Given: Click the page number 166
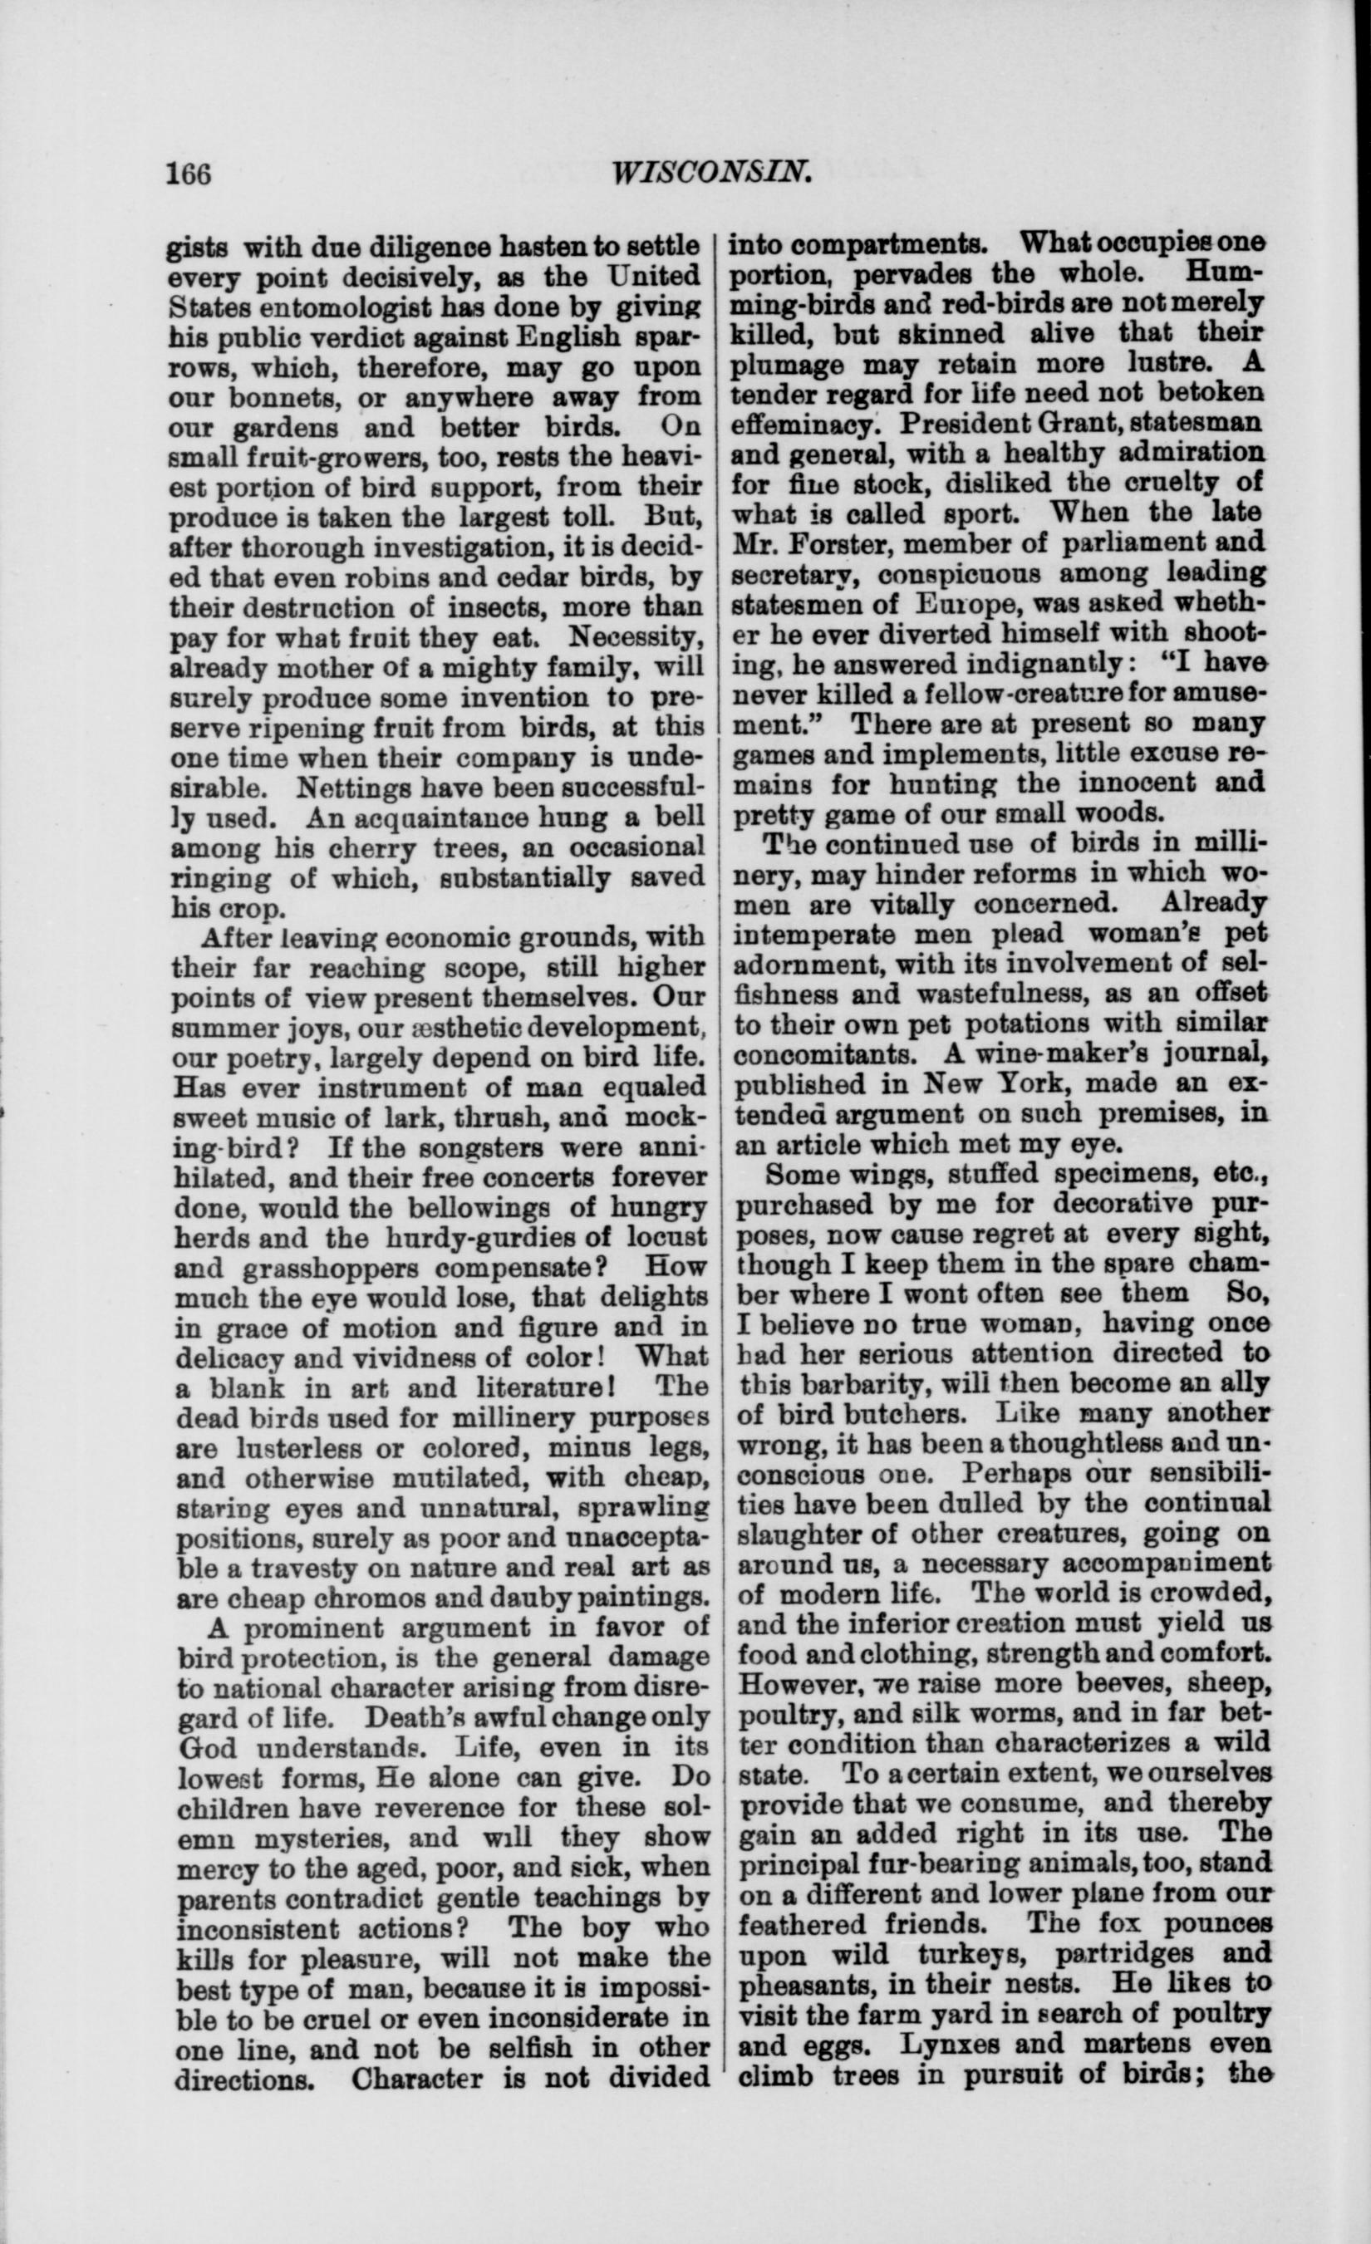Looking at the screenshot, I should point(188,172).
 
